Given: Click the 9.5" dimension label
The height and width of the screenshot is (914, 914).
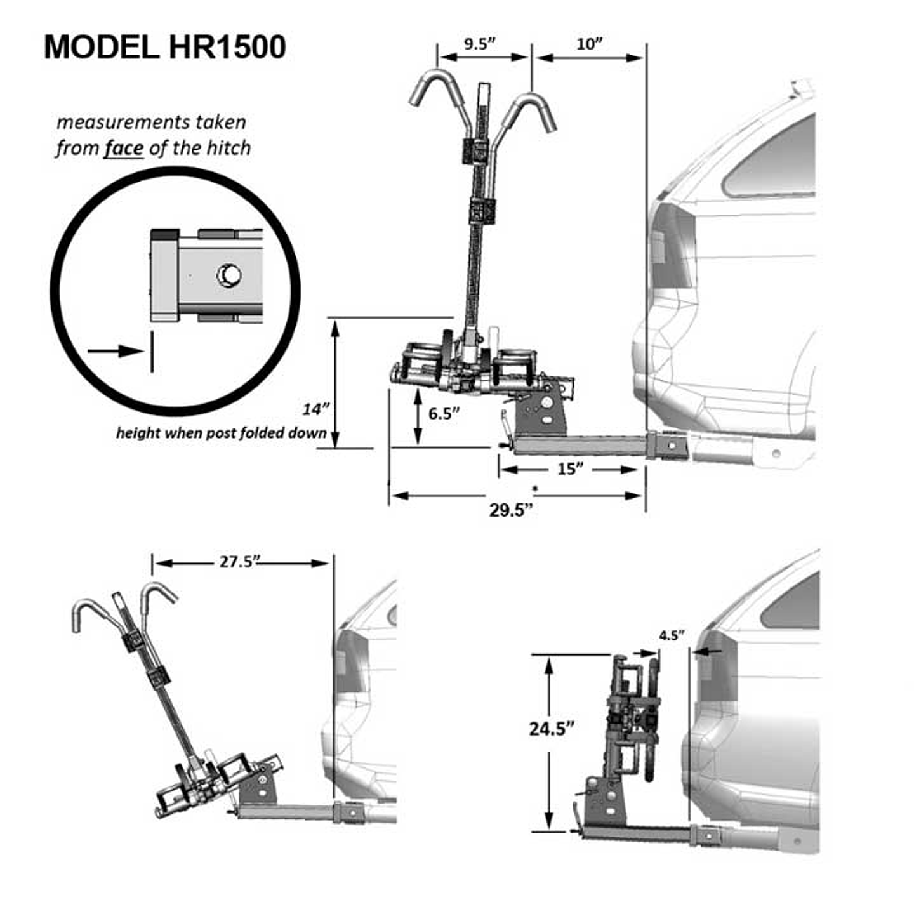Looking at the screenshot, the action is (479, 44).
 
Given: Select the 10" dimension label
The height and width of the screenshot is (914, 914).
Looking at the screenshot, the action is (589, 44).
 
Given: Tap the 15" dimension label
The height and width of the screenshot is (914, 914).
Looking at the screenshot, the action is (569, 469).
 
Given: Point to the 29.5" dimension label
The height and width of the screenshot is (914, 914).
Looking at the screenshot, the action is (511, 510).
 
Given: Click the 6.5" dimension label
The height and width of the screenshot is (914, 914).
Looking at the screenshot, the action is (444, 414).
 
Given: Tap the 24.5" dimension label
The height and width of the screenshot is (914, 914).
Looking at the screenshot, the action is (552, 729).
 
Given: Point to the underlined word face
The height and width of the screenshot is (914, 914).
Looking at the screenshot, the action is (124, 149).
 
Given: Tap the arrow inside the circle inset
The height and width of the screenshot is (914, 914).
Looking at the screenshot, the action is (116, 351).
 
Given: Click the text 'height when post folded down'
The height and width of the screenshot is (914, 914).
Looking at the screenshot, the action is (222, 433).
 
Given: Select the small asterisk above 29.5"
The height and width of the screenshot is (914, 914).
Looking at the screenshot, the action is (536, 488).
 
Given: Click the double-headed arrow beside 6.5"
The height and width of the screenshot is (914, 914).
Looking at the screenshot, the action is (418, 416).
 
